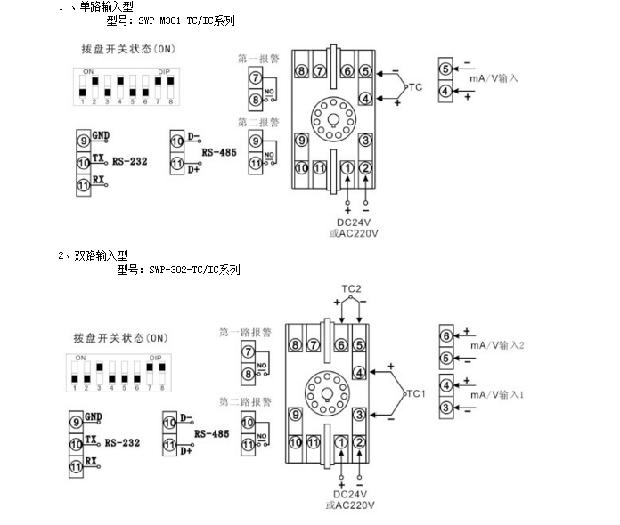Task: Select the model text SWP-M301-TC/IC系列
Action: click(177, 20)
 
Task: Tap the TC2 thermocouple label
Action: click(350, 289)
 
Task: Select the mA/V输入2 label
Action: click(497, 345)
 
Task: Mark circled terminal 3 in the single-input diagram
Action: click(365, 140)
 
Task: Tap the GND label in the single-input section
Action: click(101, 136)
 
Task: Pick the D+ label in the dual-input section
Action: click(186, 451)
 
